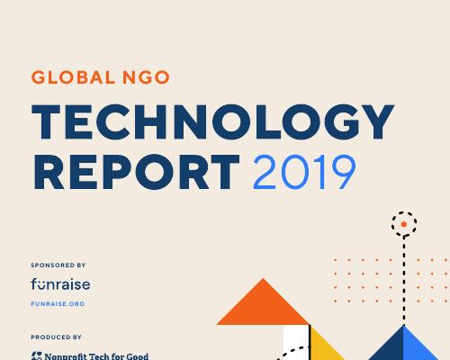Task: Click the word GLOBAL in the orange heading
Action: pos(73,77)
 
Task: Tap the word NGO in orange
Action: pos(146,77)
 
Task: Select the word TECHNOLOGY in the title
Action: pos(212,121)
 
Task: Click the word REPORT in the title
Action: pos(136,172)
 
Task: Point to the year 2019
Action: pos(304,172)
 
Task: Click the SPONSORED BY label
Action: pos(58,265)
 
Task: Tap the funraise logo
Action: pos(60,284)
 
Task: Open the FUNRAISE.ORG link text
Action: pos(58,304)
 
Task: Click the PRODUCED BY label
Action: pos(57,337)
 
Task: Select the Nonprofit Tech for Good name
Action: pos(96,356)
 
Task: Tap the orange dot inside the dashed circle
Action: pos(404,224)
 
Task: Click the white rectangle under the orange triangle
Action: pos(296,342)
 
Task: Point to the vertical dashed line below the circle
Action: pos(404,281)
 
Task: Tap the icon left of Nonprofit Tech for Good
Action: pos(37,355)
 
